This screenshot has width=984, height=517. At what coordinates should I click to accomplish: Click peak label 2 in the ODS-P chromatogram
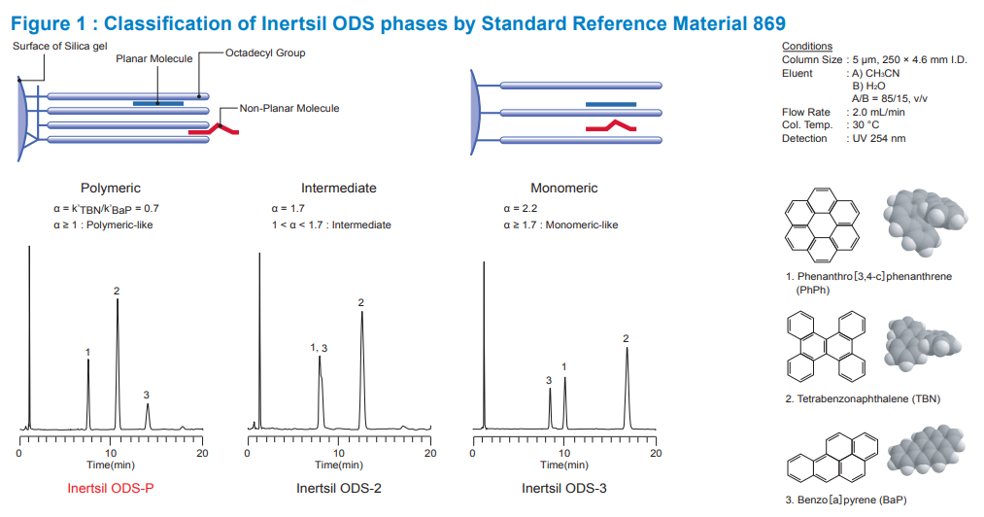(x=117, y=292)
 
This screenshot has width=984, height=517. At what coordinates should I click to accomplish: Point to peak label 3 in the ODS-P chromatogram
(x=146, y=395)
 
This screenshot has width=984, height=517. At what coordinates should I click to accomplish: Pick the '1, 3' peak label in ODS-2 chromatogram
(x=320, y=348)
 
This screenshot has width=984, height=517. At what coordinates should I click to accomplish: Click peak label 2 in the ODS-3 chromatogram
(x=626, y=338)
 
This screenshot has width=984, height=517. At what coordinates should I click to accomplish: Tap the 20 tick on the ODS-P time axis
(x=202, y=454)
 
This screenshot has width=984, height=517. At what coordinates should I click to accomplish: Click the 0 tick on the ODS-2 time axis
(x=248, y=454)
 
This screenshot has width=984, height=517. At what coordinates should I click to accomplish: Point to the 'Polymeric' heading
(x=111, y=188)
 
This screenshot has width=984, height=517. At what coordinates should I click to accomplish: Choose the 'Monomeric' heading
(x=564, y=188)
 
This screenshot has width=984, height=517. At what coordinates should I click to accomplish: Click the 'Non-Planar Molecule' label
(x=290, y=108)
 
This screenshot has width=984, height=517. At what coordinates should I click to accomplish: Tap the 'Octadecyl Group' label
(x=265, y=52)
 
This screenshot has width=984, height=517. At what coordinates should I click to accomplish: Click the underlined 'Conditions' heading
(x=806, y=46)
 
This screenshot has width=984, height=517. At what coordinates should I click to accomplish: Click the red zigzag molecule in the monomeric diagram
(x=610, y=126)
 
